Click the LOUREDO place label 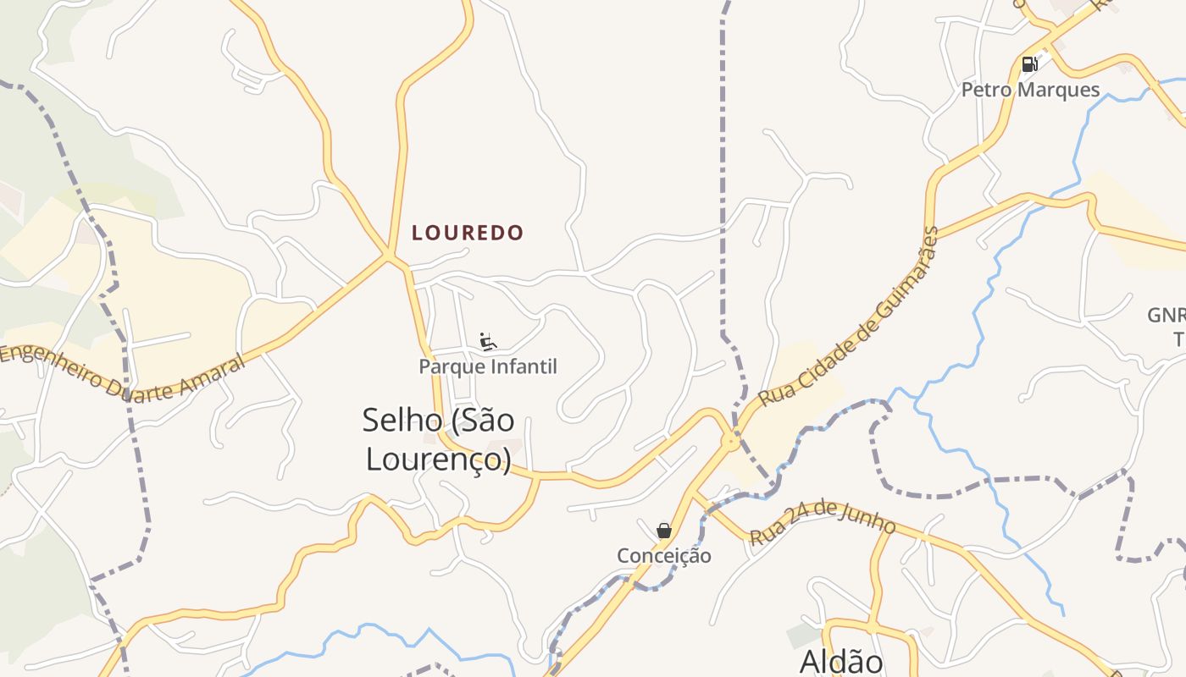pos(468,233)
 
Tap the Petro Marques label pos(1030,90)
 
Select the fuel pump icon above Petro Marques pos(1029,64)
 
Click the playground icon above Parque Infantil pos(487,342)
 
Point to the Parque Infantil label pos(488,366)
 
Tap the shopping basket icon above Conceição pos(664,531)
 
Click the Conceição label pos(664,555)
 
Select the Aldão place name pos(841,661)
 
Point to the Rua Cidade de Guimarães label pos(850,316)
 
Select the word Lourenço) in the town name pos(438,459)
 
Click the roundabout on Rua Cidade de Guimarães pos(730,441)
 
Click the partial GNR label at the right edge pos(1167,316)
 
